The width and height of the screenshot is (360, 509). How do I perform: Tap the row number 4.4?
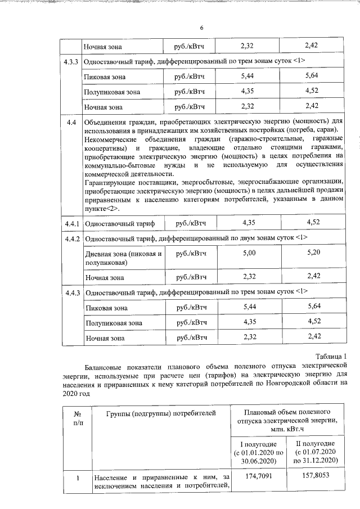(x=71, y=122)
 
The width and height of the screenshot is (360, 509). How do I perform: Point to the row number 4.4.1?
(x=71, y=223)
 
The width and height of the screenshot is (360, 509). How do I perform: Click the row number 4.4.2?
(x=71, y=238)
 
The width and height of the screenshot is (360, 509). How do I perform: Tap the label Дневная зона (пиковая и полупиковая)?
(x=123, y=258)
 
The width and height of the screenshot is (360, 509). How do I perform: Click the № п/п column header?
(x=74, y=419)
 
